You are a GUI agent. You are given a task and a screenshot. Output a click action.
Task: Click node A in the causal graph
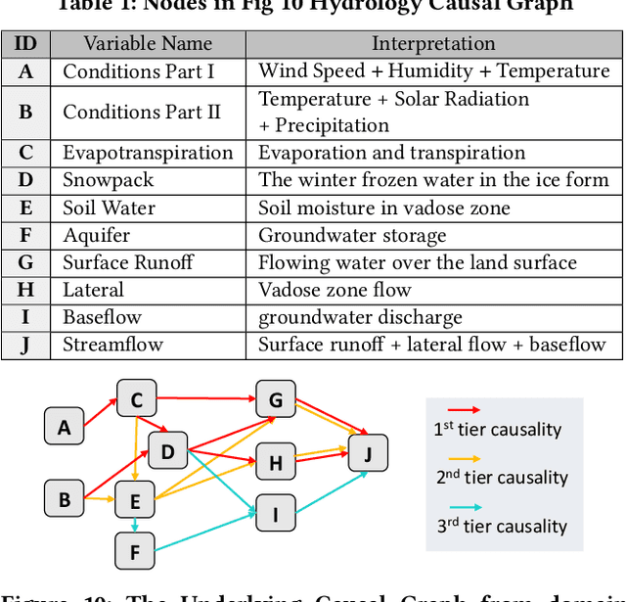65,427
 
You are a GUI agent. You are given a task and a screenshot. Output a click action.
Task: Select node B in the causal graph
65,499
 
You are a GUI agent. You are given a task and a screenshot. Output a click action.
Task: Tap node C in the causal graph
137,399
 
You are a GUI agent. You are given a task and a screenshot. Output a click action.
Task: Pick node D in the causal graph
167,451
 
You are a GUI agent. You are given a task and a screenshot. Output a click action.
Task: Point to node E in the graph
135,503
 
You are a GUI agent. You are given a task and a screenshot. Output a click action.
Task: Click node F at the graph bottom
135,553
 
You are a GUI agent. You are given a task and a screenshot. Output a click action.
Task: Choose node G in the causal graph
275,399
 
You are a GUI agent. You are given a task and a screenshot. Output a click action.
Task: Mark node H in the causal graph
275,463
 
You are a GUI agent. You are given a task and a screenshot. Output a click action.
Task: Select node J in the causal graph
368,453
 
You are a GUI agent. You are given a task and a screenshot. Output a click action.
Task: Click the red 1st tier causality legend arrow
463,409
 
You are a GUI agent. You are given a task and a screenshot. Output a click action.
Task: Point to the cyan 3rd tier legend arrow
463,507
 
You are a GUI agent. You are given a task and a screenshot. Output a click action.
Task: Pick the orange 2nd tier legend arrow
463,458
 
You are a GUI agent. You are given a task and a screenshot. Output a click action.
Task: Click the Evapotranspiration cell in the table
148,153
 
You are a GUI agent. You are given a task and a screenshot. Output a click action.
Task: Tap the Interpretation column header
433,43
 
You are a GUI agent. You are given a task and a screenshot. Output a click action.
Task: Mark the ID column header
25,43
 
